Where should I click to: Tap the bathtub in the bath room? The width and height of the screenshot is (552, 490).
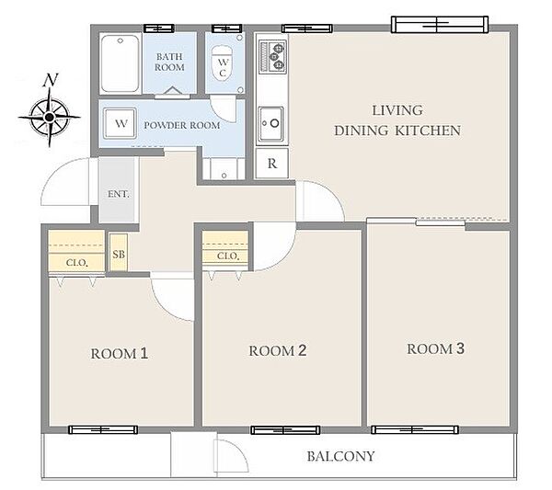pyautogui.click(x=120, y=63)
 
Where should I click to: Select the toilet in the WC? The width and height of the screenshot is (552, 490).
pyautogui.click(x=222, y=63)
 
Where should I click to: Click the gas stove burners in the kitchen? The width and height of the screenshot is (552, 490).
pyautogui.click(x=272, y=57)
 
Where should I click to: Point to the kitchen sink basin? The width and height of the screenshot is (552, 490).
pyautogui.click(x=271, y=124)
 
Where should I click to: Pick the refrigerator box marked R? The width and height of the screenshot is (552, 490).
pyautogui.click(x=271, y=164)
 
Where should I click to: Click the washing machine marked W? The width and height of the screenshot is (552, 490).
pyautogui.click(x=120, y=123)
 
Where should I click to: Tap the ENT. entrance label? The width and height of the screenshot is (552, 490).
pyautogui.click(x=119, y=194)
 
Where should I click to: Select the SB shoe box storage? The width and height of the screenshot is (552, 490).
pyautogui.click(x=119, y=253)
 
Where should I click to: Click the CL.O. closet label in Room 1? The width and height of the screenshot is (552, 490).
pyautogui.click(x=76, y=263)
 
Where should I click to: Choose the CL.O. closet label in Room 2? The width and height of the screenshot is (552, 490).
pyautogui.click(x=228, y=256)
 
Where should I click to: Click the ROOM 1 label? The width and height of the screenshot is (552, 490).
pyautogui.click(x=120, y=354)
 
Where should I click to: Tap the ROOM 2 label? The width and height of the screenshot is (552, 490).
pyautogui.click(x=278, y=350)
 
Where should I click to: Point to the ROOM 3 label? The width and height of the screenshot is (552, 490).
pyautogui.click(x=435, y=348)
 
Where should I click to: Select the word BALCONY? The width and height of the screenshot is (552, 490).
pyautogui.click(x=340, y=456)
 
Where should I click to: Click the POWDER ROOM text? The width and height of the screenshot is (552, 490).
pyautogui.click(x=182, y=125)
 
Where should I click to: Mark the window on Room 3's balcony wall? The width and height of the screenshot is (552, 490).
pyautogui.click(x=415, y=429)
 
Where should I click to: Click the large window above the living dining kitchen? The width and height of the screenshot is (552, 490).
pyautogui.click(x=440, y=24)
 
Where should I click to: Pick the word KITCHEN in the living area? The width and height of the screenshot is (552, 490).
pyautogui.click(x=428, y=131)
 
